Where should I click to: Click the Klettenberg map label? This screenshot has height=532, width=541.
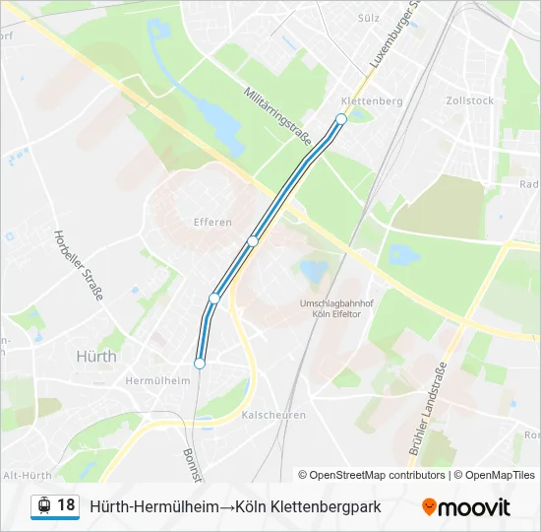372,101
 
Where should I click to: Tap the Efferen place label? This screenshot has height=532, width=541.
212,223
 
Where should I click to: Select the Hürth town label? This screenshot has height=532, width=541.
95,357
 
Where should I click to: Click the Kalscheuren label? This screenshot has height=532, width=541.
272,415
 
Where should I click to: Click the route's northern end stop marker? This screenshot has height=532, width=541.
341,119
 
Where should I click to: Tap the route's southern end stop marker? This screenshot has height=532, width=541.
200,364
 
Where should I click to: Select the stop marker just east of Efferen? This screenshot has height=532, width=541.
253,241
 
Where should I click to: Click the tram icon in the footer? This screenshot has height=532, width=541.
43,506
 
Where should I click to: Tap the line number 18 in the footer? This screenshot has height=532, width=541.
66,505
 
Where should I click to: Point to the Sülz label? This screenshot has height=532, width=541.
369,18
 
